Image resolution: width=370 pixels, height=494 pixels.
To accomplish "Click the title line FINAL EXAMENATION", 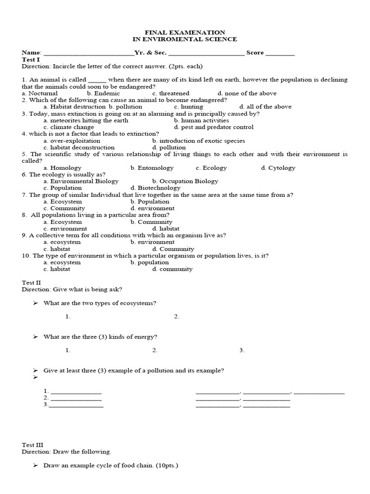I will (185, 32).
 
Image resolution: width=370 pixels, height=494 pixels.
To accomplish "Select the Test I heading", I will (31, 59).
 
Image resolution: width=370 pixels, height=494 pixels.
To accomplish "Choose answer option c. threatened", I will (171, 93).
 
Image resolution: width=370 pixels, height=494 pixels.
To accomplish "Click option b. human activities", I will (201, 120).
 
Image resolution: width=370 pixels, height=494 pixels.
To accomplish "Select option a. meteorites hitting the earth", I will (86, 120).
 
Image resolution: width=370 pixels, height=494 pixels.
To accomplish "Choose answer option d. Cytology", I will (278, 168).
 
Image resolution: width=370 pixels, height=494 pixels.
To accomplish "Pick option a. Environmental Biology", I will (80, 181).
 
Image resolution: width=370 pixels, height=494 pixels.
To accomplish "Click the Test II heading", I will (32, 283).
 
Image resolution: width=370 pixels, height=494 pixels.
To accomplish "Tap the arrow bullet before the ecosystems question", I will (35, 303).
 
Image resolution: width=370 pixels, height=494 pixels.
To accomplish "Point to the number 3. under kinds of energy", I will (242, 350).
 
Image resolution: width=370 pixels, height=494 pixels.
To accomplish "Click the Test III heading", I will (33, 445).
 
